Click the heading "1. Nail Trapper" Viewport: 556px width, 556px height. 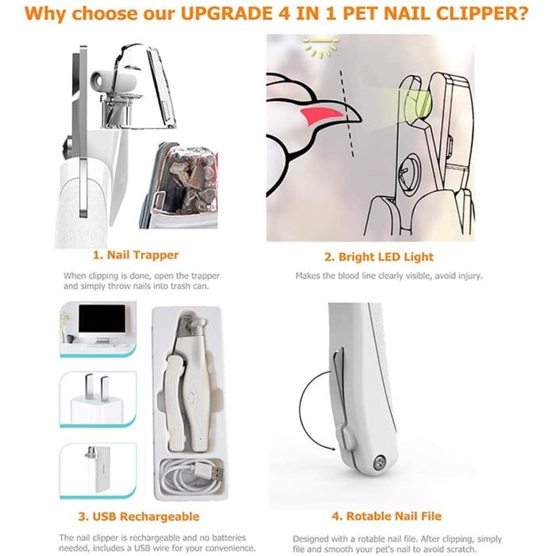(135, 256)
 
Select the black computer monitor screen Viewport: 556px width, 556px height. (102, 322)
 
